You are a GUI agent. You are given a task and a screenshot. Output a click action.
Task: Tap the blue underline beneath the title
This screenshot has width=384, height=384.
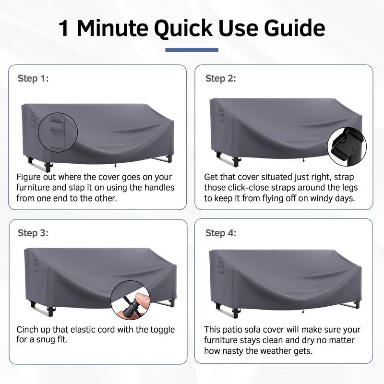point(192,50)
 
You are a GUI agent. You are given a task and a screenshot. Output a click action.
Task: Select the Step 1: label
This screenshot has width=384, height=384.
point(33,78)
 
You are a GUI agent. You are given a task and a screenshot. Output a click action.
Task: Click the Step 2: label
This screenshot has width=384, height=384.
point(221,78)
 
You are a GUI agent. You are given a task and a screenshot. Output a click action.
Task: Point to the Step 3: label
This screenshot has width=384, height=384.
point(33,233)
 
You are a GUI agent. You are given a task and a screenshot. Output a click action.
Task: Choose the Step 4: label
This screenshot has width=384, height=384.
point(221,233)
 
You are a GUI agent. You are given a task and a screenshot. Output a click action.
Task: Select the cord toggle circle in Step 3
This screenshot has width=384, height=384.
point(130,300)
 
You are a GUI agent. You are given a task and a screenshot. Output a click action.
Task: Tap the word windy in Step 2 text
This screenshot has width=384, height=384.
point(325,198)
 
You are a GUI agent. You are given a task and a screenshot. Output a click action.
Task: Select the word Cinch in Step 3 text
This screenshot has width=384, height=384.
point(28,330)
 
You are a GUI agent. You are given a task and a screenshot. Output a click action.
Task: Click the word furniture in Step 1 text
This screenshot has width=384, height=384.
point(34,188)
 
